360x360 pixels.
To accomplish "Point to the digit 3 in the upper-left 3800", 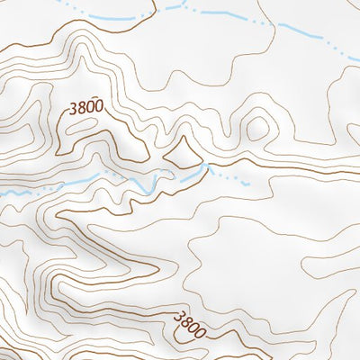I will [71, 108].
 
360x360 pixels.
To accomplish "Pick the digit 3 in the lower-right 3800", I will [177, 316].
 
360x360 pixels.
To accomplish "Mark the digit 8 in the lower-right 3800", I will [185, 321].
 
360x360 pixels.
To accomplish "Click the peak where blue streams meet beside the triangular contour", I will [208, 167].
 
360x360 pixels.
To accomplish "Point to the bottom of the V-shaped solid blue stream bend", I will [152, 190].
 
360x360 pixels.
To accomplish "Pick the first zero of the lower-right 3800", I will [194, 327].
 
